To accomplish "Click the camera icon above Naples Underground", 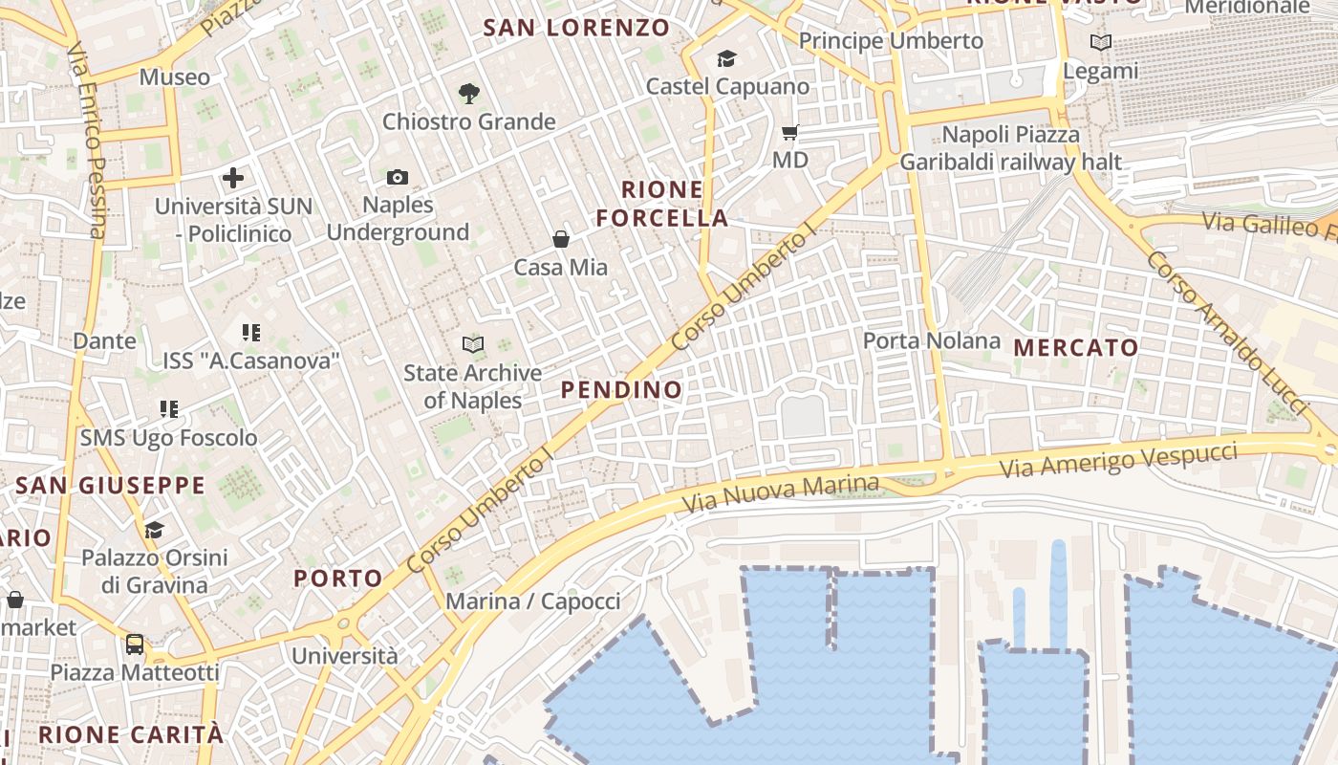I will pos(398,177).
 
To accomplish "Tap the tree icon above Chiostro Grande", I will pos(468,94).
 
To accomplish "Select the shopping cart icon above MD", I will pos(790,132).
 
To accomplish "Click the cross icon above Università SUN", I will pos(233,178).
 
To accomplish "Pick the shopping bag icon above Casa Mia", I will pos(561,239).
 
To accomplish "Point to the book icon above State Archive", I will pos(472,344).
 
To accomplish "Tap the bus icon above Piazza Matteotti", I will pos(135,645).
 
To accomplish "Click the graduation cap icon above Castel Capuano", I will pos(727,59).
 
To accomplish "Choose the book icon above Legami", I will pos(1101,43).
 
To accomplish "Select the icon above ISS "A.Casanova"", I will pos(251,333).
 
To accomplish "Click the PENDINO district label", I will pos(621,389).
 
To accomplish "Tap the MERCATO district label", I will pos(1076,347).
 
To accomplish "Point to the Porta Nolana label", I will pos(932,340).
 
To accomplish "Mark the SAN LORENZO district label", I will pos(576,28).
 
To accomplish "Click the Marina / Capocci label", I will pos(533,601).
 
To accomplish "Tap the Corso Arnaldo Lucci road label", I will pos(1226,333).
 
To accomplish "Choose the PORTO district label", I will pos(338,578).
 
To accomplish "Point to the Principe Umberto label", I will pos(891,41).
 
